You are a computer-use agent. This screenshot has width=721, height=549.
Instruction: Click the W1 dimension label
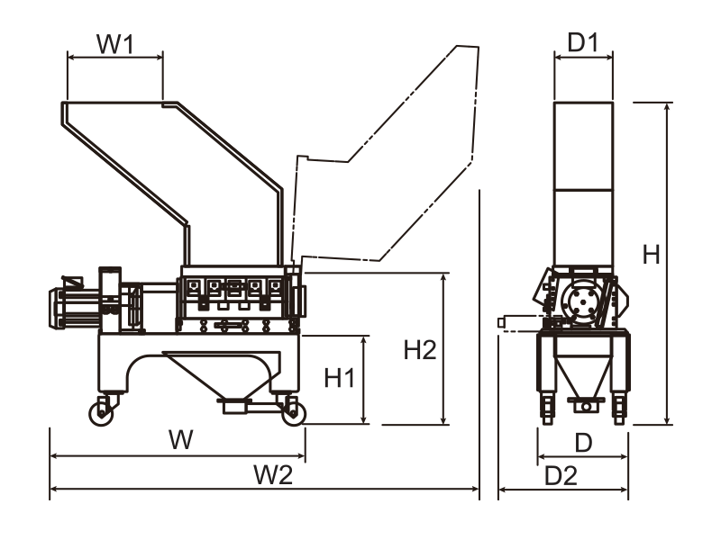[115, 44]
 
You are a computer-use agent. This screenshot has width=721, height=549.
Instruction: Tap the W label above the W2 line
[182, 441]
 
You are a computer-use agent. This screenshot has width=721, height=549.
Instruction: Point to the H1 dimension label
[339, 378]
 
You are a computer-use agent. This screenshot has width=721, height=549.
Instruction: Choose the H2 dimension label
[419, 350]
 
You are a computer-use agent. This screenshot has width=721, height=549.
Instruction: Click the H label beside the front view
[651, 255]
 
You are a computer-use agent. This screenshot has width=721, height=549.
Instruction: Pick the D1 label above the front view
[583, 42]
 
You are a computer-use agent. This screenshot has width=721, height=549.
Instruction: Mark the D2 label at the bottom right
[561, 475]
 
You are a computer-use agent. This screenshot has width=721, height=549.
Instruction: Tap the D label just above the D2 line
[583, 443]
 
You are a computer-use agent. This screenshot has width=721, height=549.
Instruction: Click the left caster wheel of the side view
[101, 412]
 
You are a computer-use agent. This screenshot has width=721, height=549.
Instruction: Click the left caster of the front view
[546, 407]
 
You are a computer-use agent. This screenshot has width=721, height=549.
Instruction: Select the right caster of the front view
[619, 407]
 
